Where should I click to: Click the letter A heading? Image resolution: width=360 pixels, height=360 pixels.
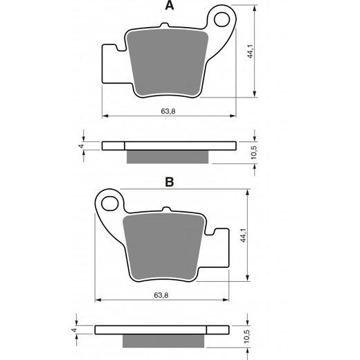(168, 7)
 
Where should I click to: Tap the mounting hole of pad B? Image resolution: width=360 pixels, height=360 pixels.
(108, 203)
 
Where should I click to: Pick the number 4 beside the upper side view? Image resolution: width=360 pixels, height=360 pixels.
(81, 147)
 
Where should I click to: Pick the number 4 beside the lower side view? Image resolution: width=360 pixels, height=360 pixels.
(74, 330)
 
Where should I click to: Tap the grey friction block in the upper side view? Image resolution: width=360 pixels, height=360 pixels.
(168, 157)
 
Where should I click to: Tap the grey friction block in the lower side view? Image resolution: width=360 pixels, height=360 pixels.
(165, 341)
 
